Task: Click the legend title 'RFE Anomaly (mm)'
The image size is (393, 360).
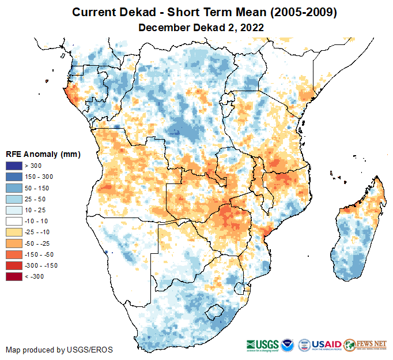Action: (x=43, y=155)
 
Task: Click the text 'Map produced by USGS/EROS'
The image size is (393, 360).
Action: (x=59, y=350)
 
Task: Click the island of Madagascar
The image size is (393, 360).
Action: (x=357, y=237)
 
